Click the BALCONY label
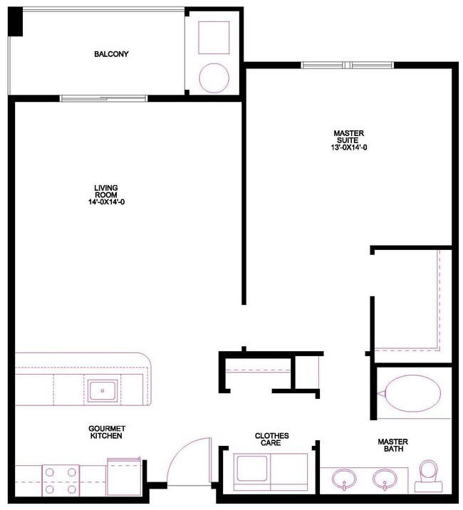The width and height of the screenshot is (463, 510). click(x=111, y=54)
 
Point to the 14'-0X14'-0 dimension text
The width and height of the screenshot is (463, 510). click(x=105, y=202)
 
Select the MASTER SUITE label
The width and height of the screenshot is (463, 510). click(x=349, y=137)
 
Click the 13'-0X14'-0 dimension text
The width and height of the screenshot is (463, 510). click(x=349, y=148)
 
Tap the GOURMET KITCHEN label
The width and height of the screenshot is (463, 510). click(x=107, y=432)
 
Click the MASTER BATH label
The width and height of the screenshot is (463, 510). click(x=392, y=446)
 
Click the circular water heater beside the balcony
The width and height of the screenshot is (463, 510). click(x=213, y=78)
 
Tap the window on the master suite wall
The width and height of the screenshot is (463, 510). click(x=348, y=66)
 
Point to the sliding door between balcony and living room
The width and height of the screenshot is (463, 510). click(x=105, y=98)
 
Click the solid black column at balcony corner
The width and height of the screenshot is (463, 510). click(x=16, y=24)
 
